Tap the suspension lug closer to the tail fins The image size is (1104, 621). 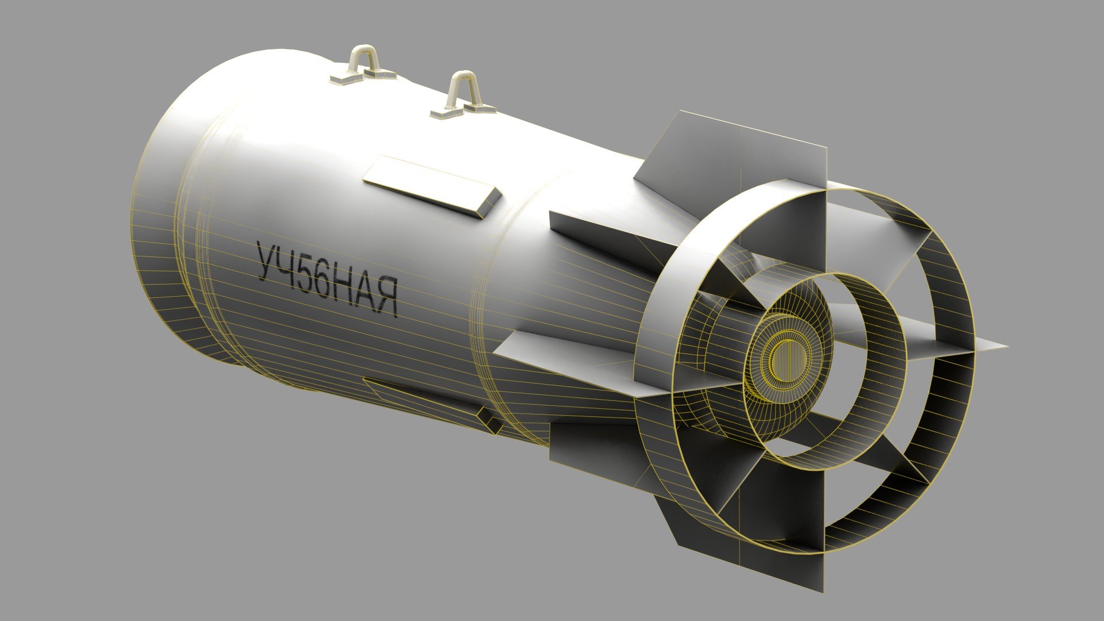pyautogui.click(x=462, y=92)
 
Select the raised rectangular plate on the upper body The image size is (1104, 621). pyautogui.click(x=432, y=186)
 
